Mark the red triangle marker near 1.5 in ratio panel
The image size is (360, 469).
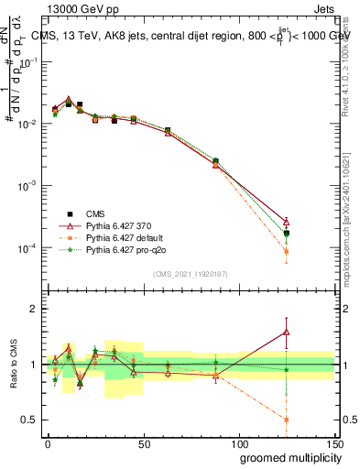[287, 333]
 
